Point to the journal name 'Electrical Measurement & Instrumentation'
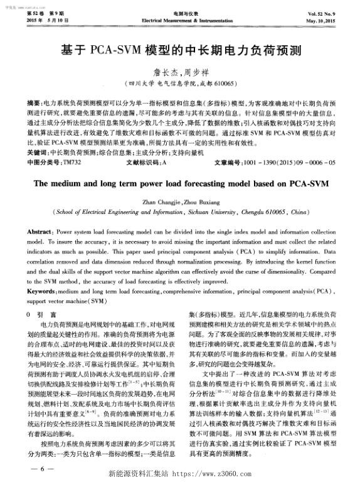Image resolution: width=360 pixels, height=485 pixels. [x=180, y=20]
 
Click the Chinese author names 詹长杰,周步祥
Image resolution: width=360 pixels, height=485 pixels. [x=180, y=72]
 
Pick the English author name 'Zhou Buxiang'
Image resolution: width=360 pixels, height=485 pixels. [x=197, y=203]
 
